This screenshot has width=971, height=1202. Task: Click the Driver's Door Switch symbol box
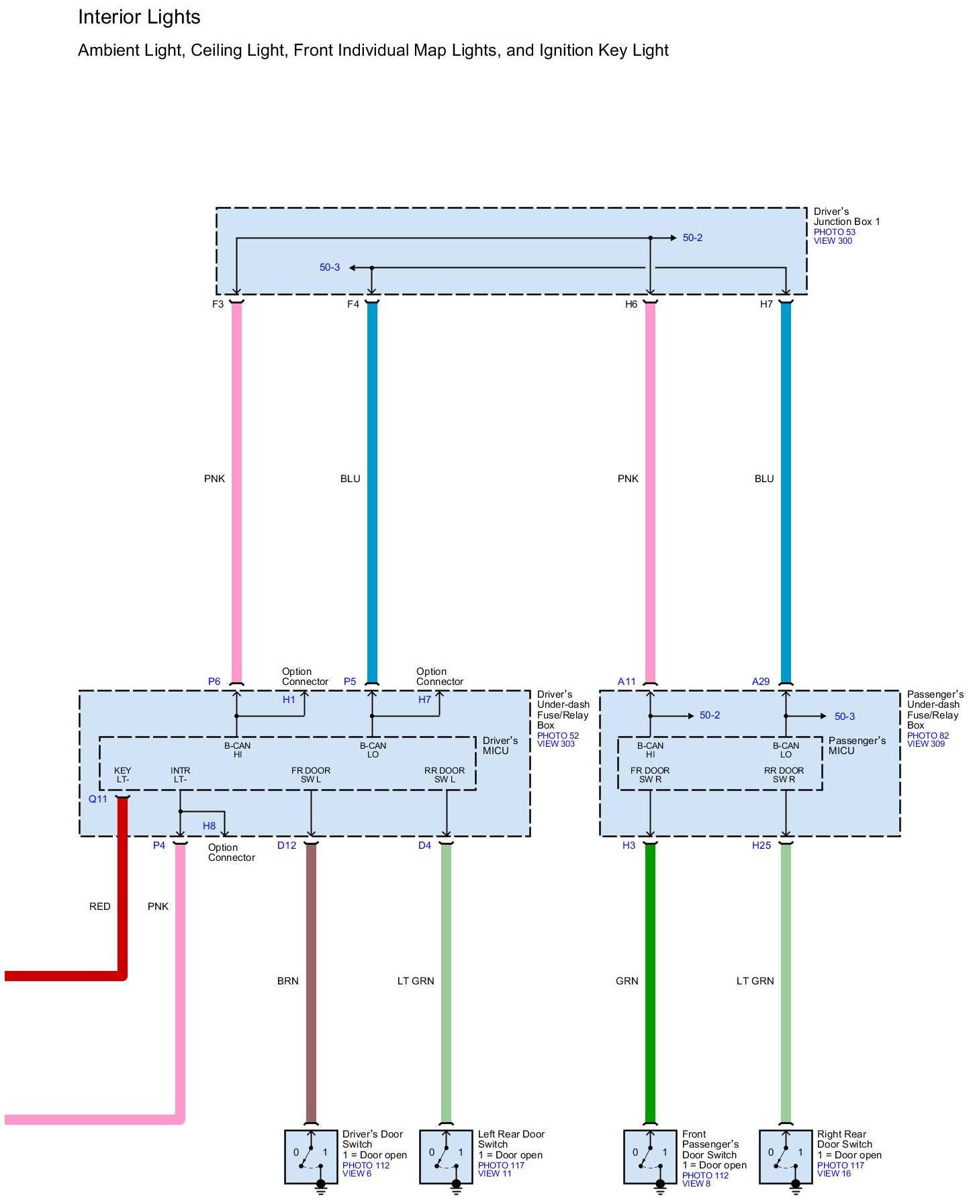click(311, 1156)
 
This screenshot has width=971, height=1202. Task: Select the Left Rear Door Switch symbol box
click(446, 1156)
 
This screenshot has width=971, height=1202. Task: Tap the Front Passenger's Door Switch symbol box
click(650, 1156)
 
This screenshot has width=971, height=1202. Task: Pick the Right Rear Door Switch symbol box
click(786, 1156)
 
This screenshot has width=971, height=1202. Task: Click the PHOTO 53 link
click(834, 232)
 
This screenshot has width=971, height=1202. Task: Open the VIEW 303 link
click(555, 744)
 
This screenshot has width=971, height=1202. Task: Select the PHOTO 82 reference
click(927, 735)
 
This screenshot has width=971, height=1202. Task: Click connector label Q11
click(98, 799)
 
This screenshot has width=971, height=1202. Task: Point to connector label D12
click(287, 845)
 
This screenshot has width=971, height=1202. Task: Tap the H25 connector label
click(761, 845)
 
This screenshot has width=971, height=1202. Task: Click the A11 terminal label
click(627, 682)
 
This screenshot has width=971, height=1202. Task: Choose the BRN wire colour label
click(287, 981)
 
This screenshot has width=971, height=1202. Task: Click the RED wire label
click(99, 907)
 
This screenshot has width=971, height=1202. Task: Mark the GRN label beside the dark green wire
click(627, 981)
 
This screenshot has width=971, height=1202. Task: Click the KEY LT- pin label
click(122, 775)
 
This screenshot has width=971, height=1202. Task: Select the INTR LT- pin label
click(180, 775)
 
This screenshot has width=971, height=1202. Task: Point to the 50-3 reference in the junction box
click(329, 267)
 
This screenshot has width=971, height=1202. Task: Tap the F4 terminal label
click(353, 304)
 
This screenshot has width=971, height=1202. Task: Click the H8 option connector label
click(209, 826)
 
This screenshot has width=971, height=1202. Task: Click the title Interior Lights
click(139, 17)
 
